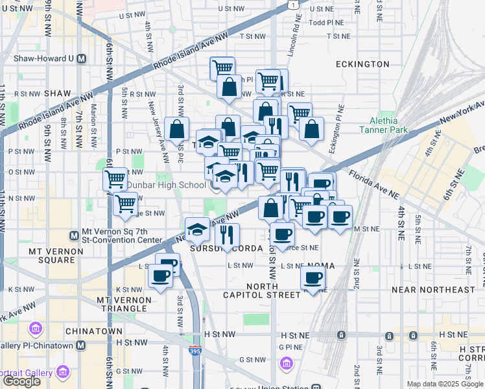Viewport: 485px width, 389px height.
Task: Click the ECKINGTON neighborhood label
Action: click(362, 64)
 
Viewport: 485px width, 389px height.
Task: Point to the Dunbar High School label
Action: click(165, 185)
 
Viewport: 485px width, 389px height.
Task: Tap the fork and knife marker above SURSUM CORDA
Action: click(228, 233)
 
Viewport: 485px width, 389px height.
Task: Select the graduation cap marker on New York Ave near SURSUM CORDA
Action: click(197, 228)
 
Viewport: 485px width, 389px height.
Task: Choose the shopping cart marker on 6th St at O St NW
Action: click(115, 178)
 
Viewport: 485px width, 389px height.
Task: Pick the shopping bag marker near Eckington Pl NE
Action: click(311, 128)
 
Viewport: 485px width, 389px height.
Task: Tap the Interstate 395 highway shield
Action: click(195, 351)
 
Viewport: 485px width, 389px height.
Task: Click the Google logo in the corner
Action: click(21, 381)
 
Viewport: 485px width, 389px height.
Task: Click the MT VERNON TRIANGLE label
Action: click(123, 305)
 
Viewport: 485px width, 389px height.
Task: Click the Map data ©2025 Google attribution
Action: click(445, 384)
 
